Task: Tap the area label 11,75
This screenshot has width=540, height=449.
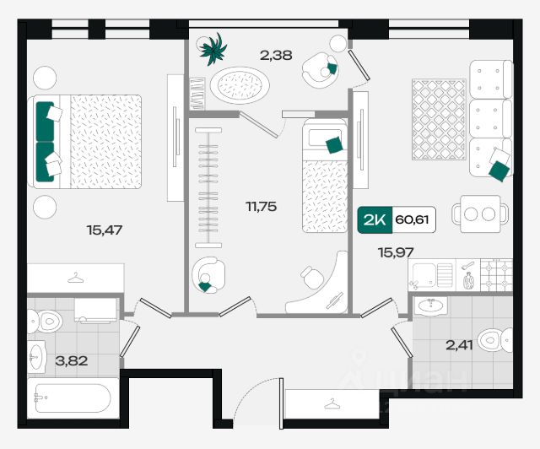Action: pyautogui.click(x=261, y=205)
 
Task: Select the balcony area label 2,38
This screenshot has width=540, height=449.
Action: pyautogui.click(x=276, y=57)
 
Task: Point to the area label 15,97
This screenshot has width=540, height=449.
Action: pyautogui.click(x=396, y=252)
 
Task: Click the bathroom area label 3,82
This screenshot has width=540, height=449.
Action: pyautogui.click(x=71, y=361)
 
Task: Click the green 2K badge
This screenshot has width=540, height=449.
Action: pyautogui.click(x=375, y=221)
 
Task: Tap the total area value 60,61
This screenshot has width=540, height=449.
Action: pyautogui.click(x=411, y=221)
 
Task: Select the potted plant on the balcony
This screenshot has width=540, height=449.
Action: pyautogui.click(x=212, y=49)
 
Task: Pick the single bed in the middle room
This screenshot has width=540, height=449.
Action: pyautogui.click(x=325, y=176)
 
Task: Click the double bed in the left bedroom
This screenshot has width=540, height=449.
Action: pyautogui.click(x=88, y=137)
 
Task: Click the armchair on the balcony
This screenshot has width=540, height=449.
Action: pyautogui.click(x=321, y=69)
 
